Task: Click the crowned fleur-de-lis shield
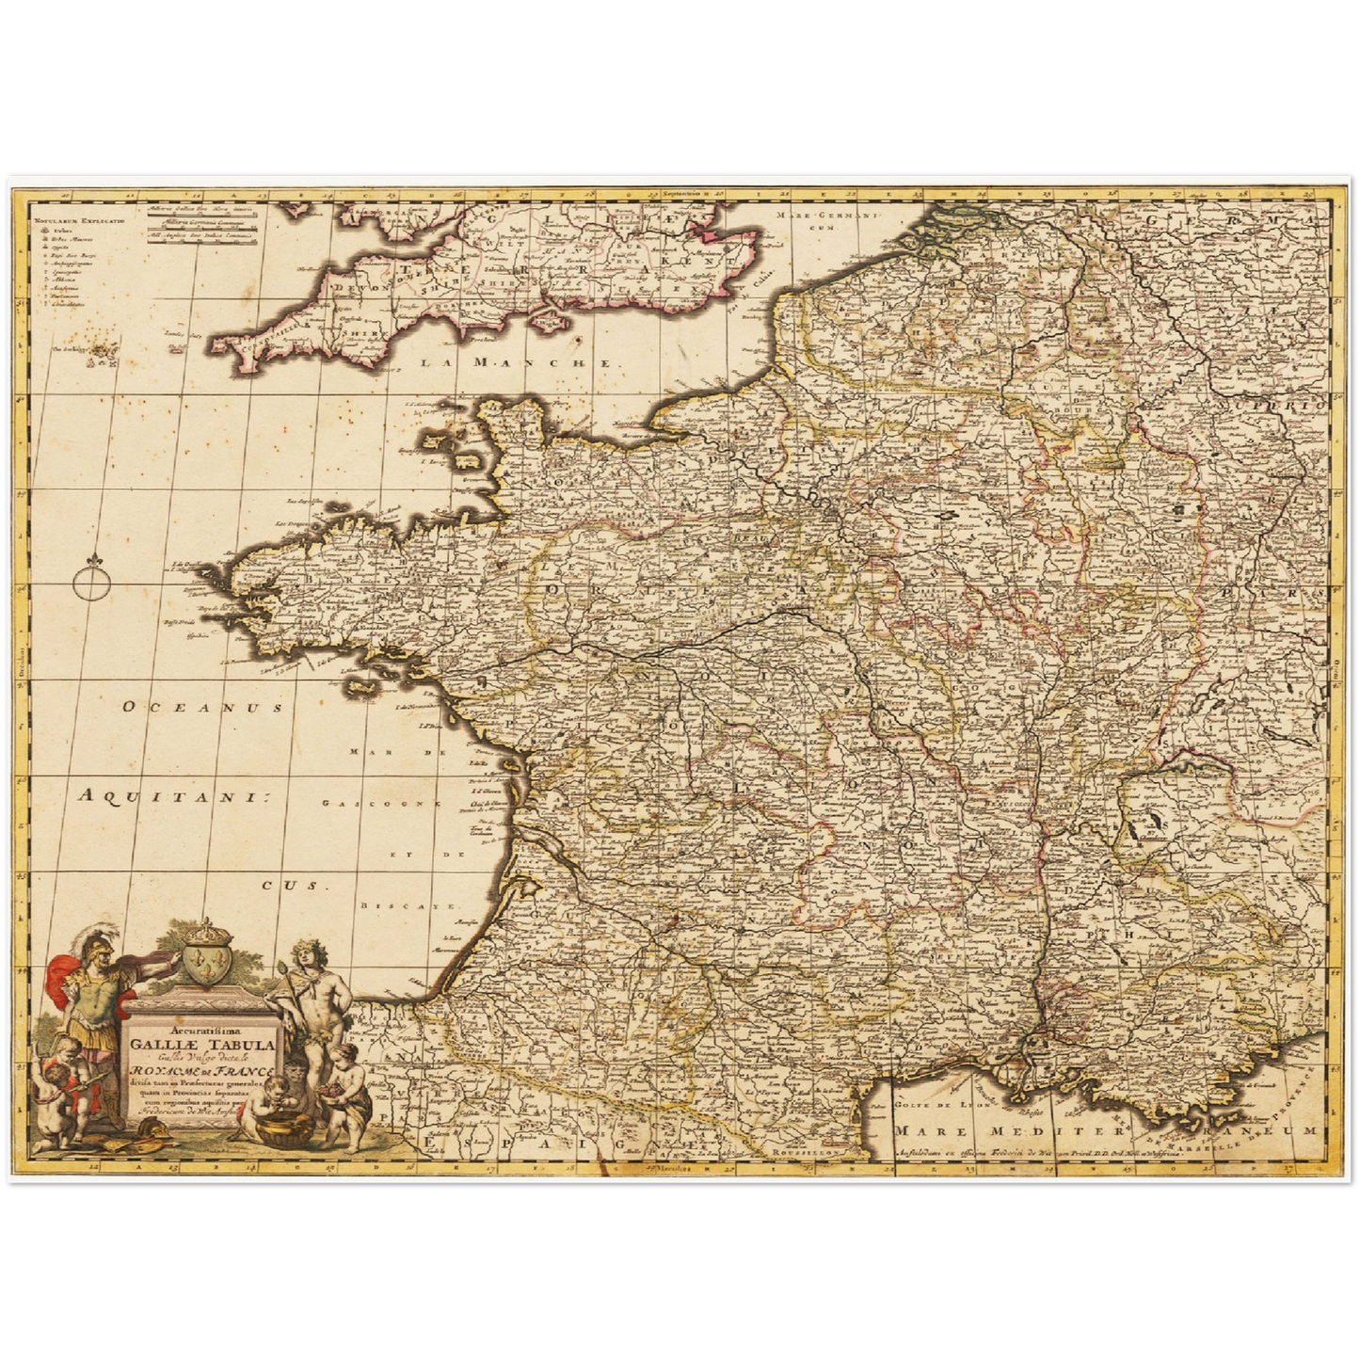pos(204,959)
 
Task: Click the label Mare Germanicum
pos(805,220)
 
